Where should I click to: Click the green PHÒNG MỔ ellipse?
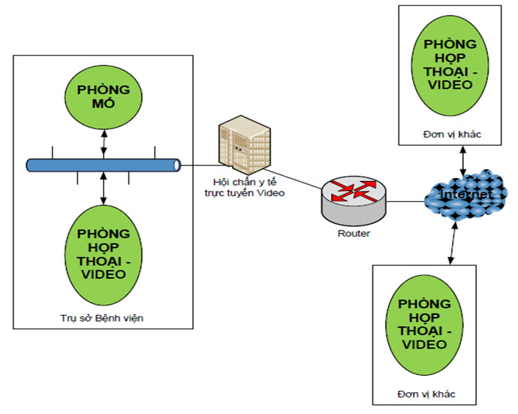[x=104, y=98]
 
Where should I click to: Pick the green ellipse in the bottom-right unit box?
[x=426, y=323]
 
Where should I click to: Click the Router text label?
[x=354, y=233]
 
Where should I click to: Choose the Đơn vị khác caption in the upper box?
[x=450, y=134]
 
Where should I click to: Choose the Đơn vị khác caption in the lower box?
[x=426, y=394]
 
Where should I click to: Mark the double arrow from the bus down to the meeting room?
[x=104, y=188]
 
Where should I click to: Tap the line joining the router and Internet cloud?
[x=405, y=201]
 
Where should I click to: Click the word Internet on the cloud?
[x=466, y=195]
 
